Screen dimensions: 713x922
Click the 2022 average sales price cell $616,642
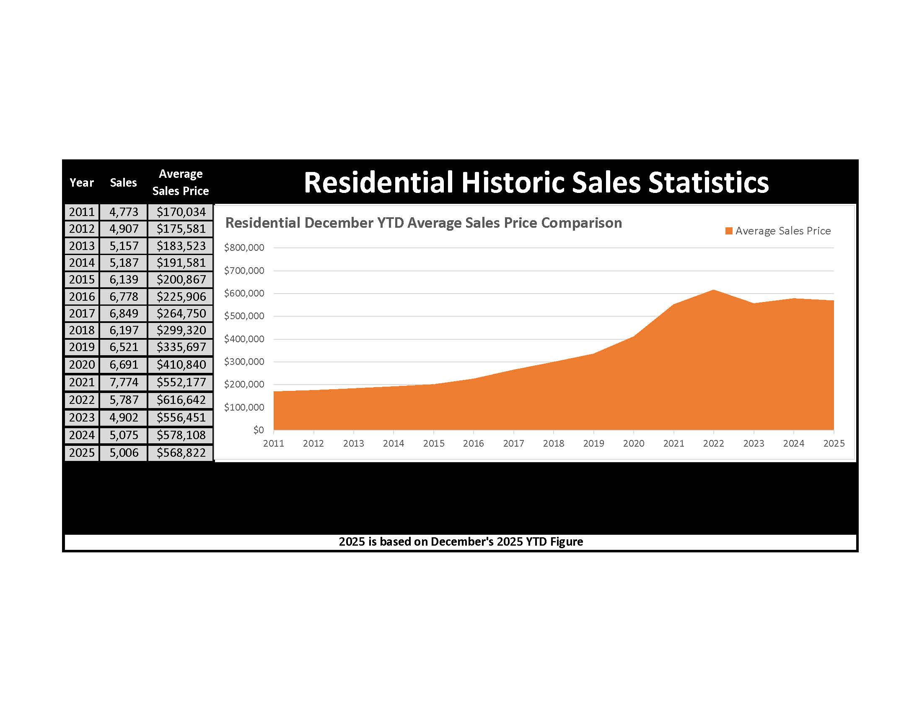[181, 400]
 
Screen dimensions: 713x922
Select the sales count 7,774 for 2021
[124, 382]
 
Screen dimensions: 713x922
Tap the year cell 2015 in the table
[82, 280]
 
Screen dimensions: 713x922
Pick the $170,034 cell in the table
[181, 212]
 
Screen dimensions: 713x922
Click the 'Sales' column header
[123, 182]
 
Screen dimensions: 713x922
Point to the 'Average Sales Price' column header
[180, 182]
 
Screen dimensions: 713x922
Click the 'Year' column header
[81, 182]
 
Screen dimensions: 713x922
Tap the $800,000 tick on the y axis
[244, 247]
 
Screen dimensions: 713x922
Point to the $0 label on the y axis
[258, 430]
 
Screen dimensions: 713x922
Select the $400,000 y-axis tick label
[244, 339]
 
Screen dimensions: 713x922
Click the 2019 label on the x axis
[593, 443]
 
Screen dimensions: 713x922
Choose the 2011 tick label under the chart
[274, 443]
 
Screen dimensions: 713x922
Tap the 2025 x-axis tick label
[834, 443]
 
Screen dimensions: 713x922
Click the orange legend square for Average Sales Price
[729, 231]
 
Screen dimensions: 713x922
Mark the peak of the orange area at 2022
[713, 290]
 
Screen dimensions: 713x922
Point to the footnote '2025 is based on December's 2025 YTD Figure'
[461, 542]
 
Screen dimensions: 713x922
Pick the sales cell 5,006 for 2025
[124, 453]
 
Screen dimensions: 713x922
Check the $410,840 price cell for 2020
[181, 364]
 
